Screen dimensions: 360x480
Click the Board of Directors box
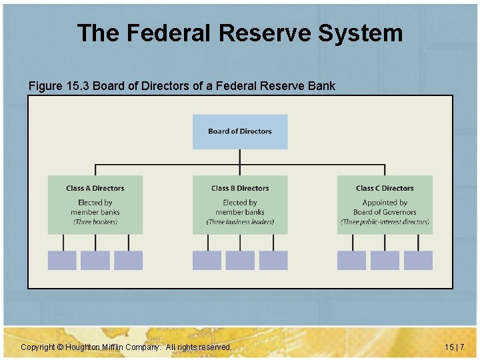(240, 131)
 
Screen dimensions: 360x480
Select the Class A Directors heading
(95, 188)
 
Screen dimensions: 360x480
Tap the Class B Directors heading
(240, 188)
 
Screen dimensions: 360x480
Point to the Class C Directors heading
(385, 188)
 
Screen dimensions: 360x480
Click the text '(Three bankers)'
(95, 222)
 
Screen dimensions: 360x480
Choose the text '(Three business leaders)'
(240, 222)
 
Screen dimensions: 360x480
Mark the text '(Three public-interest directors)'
(385, 222)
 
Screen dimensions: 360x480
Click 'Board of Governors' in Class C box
(385, 212)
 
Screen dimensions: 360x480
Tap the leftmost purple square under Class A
(62, 260)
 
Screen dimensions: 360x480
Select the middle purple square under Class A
(95, 260)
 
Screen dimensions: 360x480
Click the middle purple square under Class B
(240, 260)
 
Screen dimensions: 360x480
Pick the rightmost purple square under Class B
(273, 260)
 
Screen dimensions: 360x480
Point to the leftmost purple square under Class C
(351, 260)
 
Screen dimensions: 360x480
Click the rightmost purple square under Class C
(418, 260)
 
